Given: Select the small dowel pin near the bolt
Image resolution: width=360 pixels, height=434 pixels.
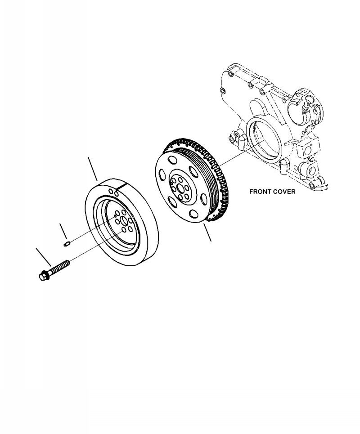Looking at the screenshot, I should [x=65, y=244].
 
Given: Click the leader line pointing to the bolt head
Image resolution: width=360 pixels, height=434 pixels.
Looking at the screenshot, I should [x=44, y=255].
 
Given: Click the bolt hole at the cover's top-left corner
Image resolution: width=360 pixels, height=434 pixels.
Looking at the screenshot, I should [x=230, y=72].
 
